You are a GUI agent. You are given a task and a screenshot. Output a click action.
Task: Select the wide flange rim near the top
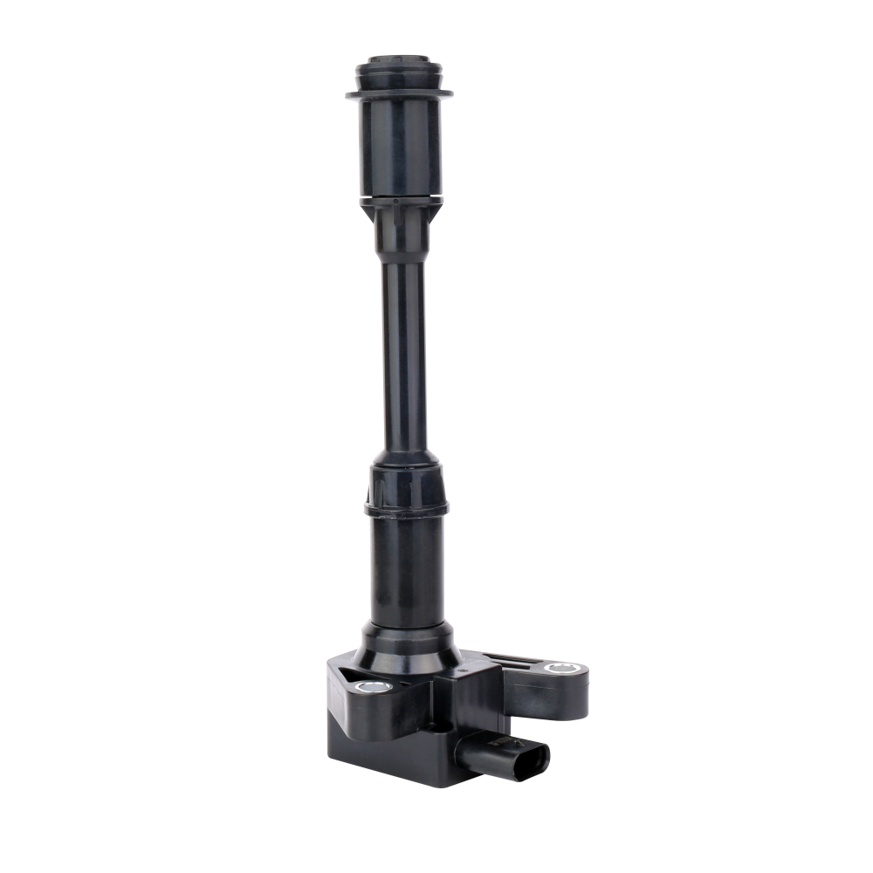coord(402,92)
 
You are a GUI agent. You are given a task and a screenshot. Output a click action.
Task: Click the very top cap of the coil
coord(402,66)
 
